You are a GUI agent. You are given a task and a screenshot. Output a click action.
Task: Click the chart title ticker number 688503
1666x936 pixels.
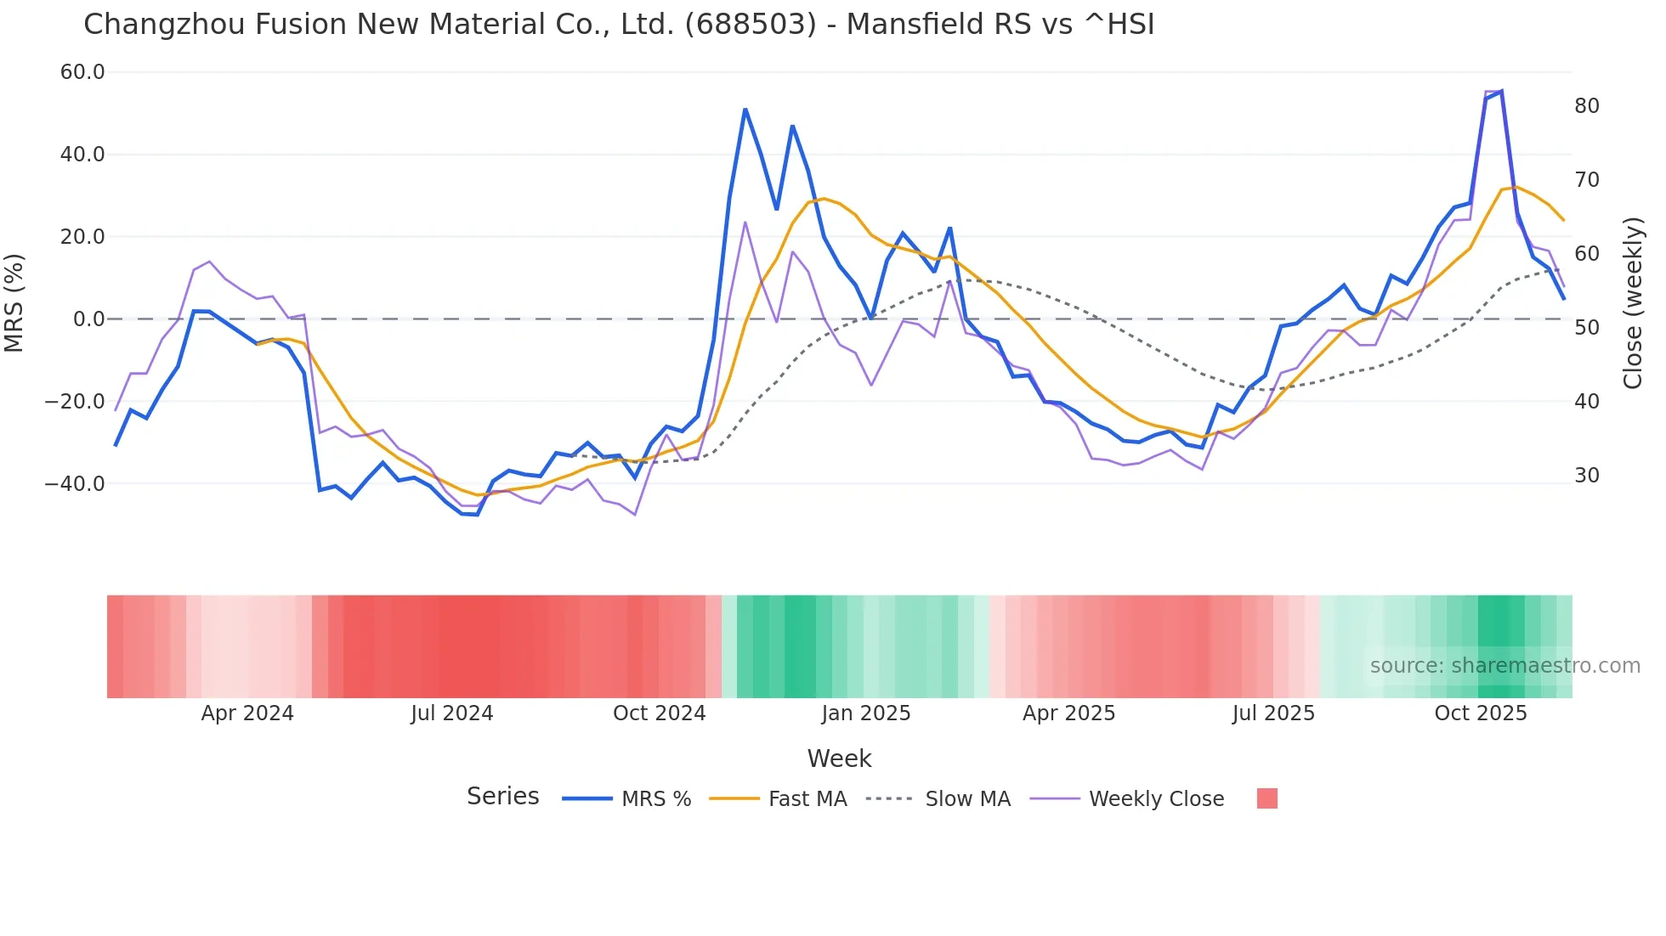point(750,25)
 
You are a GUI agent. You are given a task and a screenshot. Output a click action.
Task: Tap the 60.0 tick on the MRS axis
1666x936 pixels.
point(82,72)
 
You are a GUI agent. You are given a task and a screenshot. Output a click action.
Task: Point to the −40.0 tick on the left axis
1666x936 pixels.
point(75,484)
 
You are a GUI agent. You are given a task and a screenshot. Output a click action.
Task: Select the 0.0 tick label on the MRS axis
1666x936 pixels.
point(88,319)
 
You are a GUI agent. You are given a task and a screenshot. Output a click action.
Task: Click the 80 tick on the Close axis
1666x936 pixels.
point(1587,106)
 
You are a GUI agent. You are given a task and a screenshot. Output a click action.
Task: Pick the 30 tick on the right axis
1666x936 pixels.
point(1587,476)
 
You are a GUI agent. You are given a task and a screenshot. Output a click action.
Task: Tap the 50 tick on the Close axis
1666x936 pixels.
point(1587,328)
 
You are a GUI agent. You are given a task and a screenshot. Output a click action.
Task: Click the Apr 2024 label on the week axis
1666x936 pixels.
point(247,713)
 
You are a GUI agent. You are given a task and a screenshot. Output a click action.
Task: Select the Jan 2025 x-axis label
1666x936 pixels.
point(865,713)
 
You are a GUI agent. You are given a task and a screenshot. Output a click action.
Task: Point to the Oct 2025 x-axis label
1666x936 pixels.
point(1481,713)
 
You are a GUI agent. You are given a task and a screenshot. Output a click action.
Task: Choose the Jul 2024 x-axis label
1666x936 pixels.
point(452,713)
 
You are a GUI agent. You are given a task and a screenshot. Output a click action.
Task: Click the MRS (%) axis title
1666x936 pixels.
point(14,302)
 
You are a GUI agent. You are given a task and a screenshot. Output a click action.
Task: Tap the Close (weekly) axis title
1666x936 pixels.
point(1633,303)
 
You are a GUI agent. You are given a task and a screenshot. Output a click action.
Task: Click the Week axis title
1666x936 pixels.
point(839,758)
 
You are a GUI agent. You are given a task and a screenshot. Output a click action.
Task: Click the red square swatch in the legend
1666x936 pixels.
point(1267,798)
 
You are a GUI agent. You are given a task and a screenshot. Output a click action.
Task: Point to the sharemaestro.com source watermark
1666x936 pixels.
point(1504,666)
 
